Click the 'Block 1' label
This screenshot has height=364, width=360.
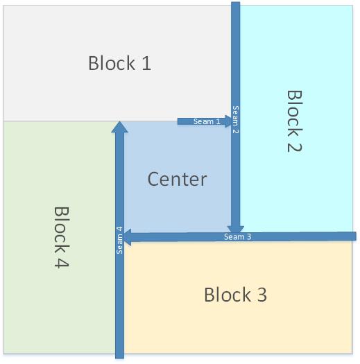(119, 63)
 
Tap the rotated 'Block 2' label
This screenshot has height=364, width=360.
(295, 121)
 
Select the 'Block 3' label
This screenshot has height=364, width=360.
(235, 295)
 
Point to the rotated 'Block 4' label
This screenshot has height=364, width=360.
(62, 237)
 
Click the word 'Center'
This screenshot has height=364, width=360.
(177, 179)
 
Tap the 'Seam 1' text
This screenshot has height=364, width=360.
(207, 121)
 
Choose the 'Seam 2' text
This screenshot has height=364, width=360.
(236, 119)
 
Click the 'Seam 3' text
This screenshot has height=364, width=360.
(237, 237)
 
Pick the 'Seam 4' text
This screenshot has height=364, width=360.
(119, 241)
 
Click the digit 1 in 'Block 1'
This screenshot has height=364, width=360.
(146, 63)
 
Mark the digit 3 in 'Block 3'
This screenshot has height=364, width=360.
(262, 295)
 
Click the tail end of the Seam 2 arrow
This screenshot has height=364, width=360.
(236, 2)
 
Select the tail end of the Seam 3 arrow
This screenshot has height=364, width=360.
(356, 236)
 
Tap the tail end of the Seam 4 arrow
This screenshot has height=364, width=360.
(119, 358)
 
